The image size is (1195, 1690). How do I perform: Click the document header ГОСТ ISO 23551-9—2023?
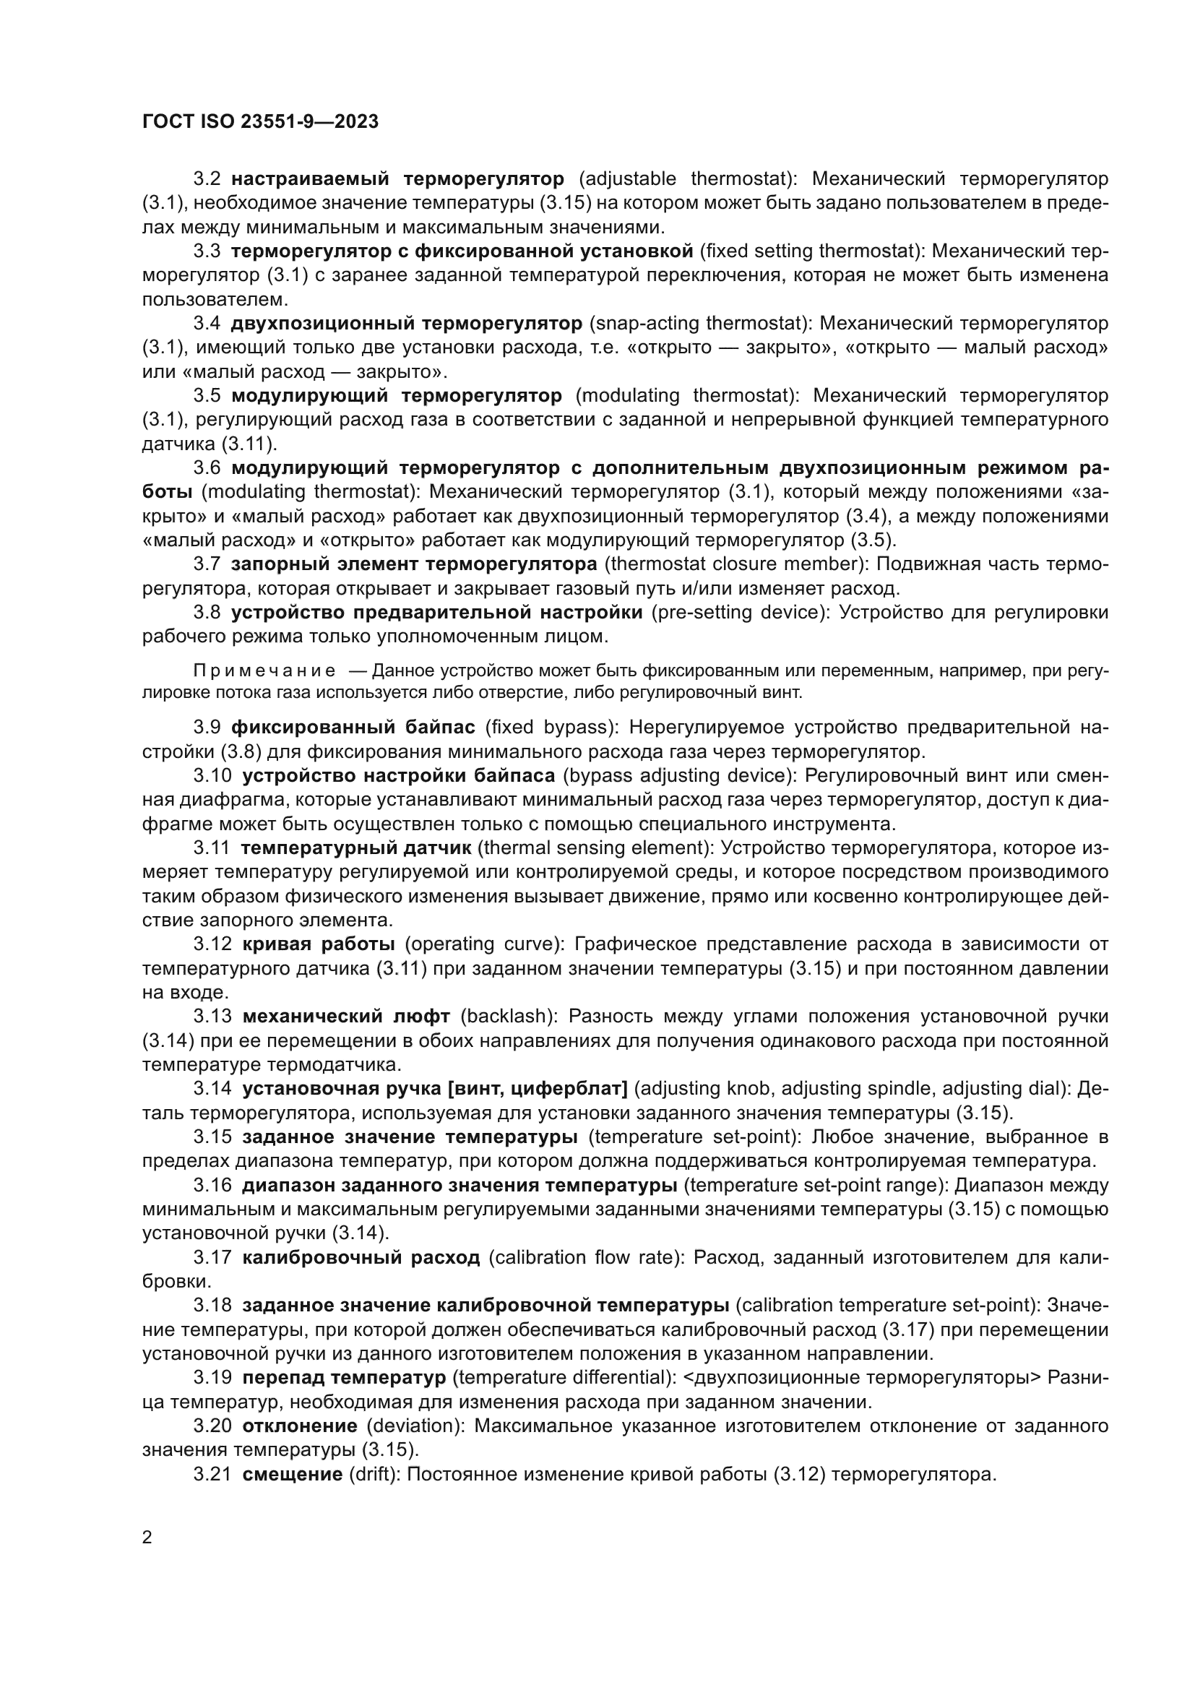click(261, 121)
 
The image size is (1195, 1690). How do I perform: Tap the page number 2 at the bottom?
click(147, 1538)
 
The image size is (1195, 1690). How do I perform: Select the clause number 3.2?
click(207, 179)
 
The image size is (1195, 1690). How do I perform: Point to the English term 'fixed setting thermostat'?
click(812, 251)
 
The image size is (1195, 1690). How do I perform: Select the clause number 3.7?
click(207, 564)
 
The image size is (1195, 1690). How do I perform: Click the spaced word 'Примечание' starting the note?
click(264, 671)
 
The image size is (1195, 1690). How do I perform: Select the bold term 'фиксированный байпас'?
click(353, 728)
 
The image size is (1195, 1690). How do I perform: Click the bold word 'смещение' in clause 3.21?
click(292, 1475)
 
